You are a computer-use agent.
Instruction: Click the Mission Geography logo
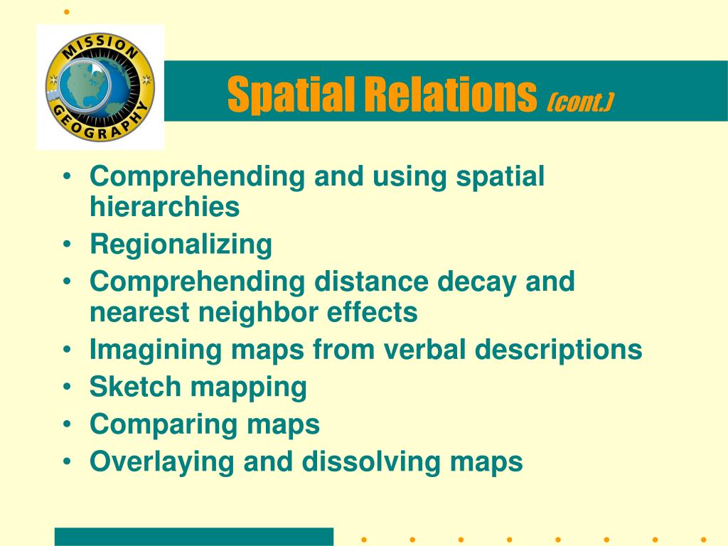coord(100,87)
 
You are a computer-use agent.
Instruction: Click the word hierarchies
coord(165,206)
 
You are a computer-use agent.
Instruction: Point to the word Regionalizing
coord(181,245)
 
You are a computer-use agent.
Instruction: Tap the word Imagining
coord(156,350)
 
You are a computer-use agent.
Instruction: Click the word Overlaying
coord(161,462)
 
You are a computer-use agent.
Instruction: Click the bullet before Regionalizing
coord(68,244)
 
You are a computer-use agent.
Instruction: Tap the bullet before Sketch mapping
coord(68,386)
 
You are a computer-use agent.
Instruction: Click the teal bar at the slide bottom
coord(194,537)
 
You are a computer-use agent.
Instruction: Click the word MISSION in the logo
coord(100,48)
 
